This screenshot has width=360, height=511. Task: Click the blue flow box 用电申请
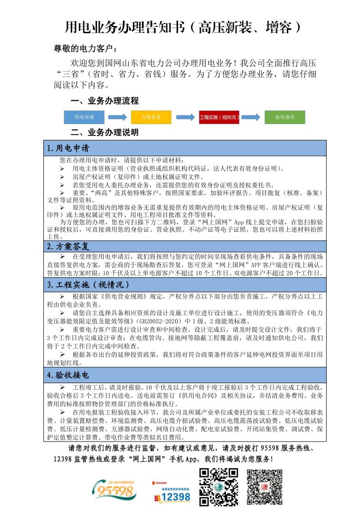pyautogui.click(x=84, y=116)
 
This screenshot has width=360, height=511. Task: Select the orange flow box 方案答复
pyautogui.click(x=152, y=116)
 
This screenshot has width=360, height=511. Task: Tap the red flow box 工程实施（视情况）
pyautogui.click(x=219, y=116)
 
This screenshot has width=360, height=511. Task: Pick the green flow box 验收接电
pyautogui.click(x=285, y=116)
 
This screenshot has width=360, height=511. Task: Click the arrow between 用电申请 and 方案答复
pyautogui.click(x=117, y=116)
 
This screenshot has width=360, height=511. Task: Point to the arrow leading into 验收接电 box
pyautogui.click(x=251, y=116)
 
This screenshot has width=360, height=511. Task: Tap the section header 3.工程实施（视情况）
pyautogui.click(x=88, y=285)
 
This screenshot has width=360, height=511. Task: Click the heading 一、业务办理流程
pyautogui.click(x=104, y=101)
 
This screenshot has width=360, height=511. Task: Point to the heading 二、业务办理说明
pyautogui.click(x=104, y=132)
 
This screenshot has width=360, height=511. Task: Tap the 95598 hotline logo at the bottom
pyautogui.click(x=115, y=491)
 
